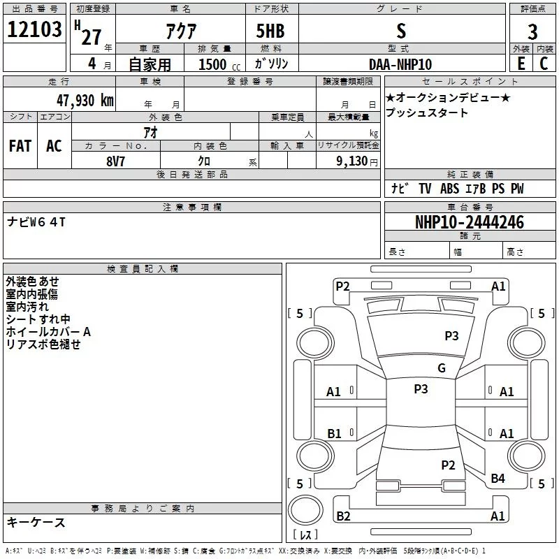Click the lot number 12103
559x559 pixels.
tap(34, 30)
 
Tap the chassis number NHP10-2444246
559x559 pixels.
tap(469, 222)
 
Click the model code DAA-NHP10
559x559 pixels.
tap(400, 64)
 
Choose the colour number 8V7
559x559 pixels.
tap(116, 160)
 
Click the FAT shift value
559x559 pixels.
tap(20, 146)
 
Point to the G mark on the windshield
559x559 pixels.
tap(441, 368)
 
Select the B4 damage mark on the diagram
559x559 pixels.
tap(498, 479)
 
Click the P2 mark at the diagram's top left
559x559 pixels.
tap(342, 286)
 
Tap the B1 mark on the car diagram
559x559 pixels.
tap(334, 434)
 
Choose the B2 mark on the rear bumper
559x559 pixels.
tap(343, 516)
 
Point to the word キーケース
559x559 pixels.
tap(36, 522)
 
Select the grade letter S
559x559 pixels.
tap(400, 31)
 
